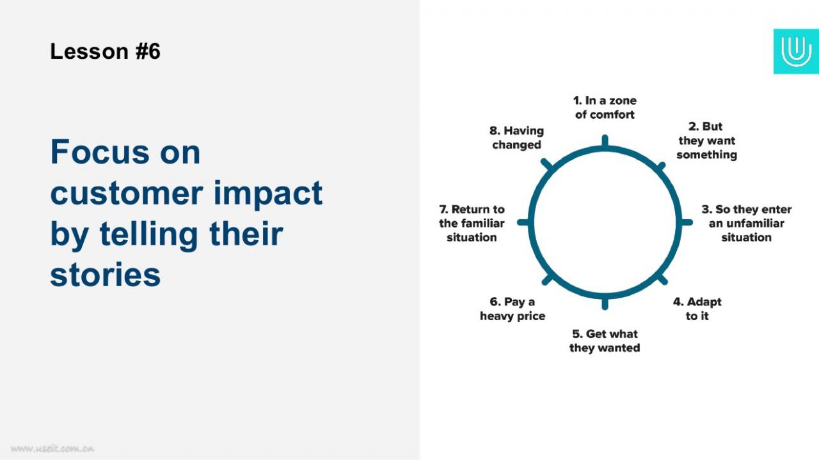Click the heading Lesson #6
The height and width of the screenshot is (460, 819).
(x=105, y=51)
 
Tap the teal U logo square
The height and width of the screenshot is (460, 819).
(x=796, y=51)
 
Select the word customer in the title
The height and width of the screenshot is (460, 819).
(x=127, y=193)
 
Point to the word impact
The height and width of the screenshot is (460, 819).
(x=268, y=194)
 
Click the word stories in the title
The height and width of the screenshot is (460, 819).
(x=106, y=275)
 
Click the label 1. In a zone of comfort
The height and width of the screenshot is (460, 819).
(x=605, y=107)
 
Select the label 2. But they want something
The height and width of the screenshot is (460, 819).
(x=706, y=141)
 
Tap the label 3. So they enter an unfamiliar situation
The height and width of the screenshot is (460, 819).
(x=746, y=223)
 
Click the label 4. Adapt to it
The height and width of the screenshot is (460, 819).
(x=697, y=309)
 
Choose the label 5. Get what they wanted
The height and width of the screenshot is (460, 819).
(x=605, y=341)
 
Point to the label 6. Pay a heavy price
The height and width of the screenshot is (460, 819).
(x=513, y=309)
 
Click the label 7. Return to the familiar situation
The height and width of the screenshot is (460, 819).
(x=472, y=223)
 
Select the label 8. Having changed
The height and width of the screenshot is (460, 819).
(x=516, y=137)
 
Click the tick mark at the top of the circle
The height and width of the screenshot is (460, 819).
(x=605, y=141)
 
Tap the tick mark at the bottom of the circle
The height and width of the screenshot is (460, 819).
(x=605, y=303)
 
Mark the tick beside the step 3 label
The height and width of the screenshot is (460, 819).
(x=687, y=222)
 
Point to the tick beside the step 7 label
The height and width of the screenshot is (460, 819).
(x=523, y=222)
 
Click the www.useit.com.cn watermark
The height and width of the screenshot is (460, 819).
(x=52, y=448)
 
